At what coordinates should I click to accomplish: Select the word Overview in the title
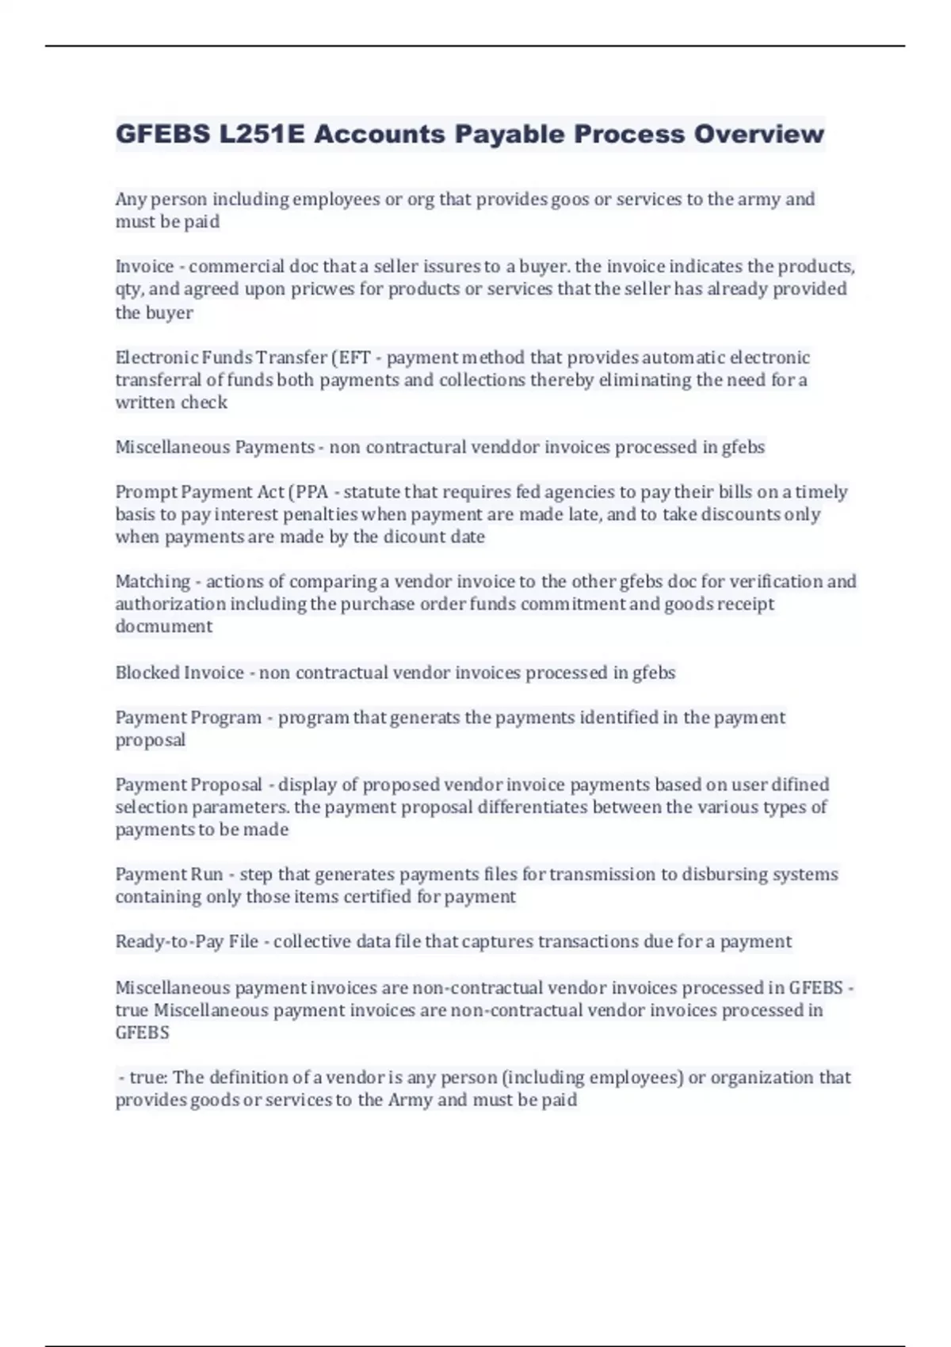tap(759, 134)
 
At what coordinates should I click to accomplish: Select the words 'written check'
tap(171, 403)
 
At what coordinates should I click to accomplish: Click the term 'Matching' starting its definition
tap(152, 582)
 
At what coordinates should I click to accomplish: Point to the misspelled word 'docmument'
tap(163, 627)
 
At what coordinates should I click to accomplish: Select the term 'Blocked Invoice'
tap(179, 673)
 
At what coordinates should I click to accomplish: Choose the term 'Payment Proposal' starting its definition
tap(189, 784)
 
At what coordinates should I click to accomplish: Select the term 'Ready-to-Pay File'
tap(187, 941)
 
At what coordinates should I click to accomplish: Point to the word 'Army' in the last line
tap(410, 1100)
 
